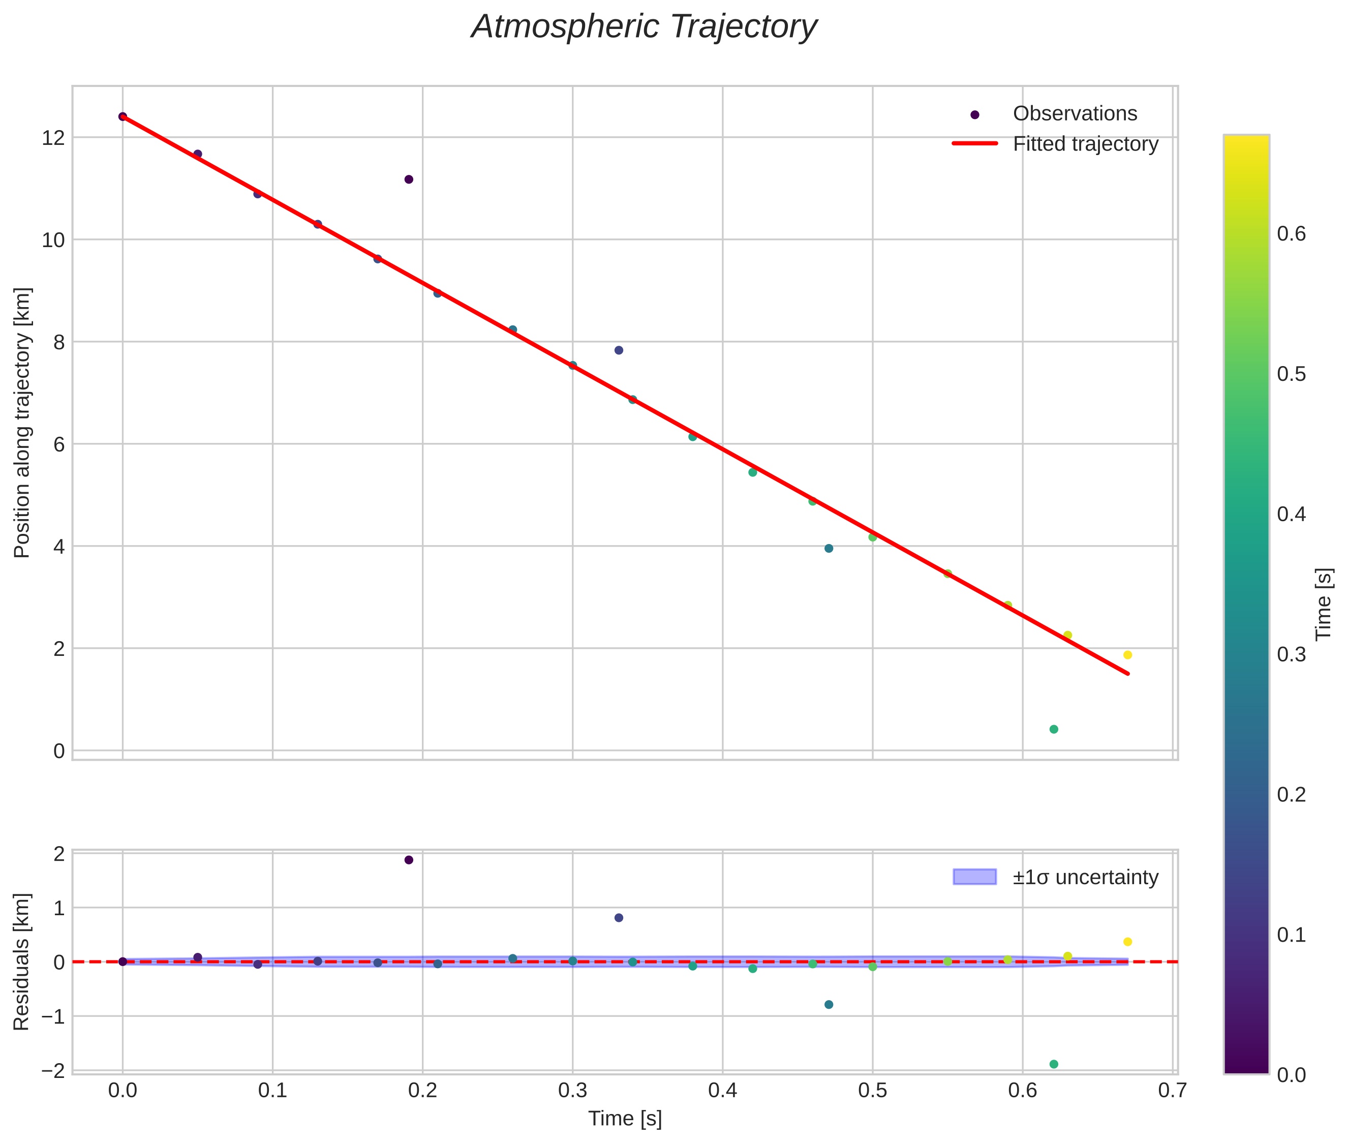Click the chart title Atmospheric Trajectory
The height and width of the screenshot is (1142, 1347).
pos(644,27)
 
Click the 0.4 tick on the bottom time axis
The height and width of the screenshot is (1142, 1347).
pos(722,1091)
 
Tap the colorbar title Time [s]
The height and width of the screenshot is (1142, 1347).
pos(1324,604)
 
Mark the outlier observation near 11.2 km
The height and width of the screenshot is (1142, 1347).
pos(409,179)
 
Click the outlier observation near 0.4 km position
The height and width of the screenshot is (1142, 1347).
pos(1053,730)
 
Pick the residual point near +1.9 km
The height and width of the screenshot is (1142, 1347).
pos(409,860)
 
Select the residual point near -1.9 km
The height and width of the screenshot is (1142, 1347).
pos(1053,1064)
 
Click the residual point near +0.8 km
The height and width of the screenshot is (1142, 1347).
pos(618,918)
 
